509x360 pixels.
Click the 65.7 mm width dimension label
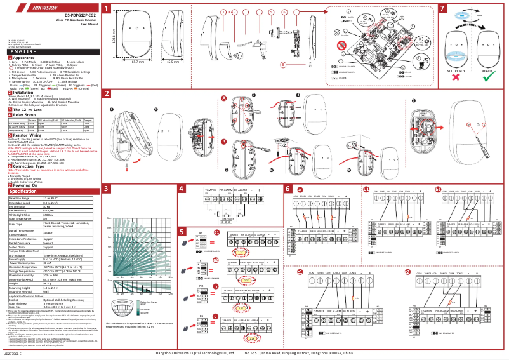pyautogui.click(x=137, y=62)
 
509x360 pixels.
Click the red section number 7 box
pyautogui.click(x=442, y=9)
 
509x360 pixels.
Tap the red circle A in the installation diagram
pyautogui.click(x=224, y=98)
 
